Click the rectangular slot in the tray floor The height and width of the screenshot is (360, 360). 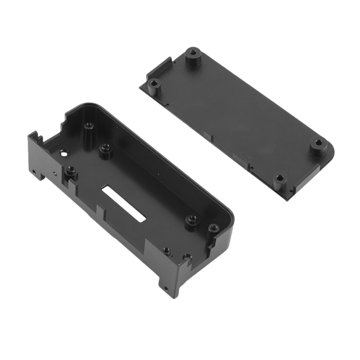tap(123, 204)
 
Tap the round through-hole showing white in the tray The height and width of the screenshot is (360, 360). tap(64, 153)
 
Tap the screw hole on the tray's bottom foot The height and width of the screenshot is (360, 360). tap(167, 289)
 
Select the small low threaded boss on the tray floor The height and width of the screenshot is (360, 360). tap(166, 250)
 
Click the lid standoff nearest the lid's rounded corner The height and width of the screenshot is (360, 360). tap(318, 143)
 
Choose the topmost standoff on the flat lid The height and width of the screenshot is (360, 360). tap(192, 54)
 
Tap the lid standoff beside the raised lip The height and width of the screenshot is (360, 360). tap(154, 84)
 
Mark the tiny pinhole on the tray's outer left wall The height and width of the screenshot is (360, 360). tap(55, 172)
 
